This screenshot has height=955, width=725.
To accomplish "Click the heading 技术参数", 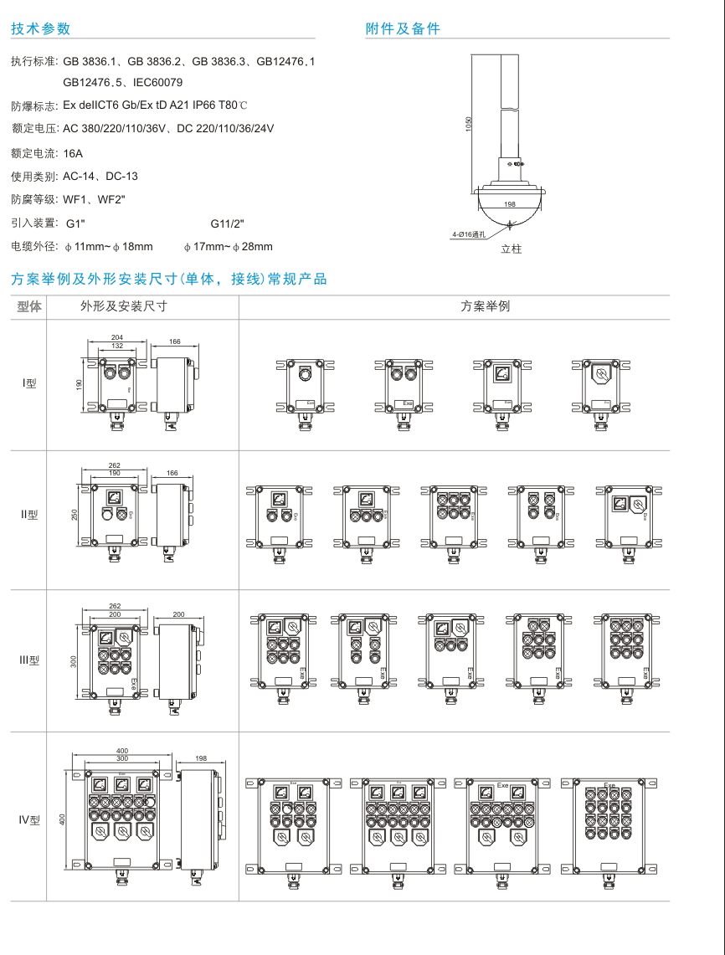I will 40,28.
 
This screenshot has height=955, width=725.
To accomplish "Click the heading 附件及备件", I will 403,28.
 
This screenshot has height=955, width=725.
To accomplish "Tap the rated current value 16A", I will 73,153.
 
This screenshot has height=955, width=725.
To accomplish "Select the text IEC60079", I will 158,82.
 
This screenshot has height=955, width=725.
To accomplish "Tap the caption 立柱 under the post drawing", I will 511,249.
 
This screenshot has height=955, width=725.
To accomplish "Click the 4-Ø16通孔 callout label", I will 468,235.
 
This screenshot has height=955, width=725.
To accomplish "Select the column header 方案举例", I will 485,306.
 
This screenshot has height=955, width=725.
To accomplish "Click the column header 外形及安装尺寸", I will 123,306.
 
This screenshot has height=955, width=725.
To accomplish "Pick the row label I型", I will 29,384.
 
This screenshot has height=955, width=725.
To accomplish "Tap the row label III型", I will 29,660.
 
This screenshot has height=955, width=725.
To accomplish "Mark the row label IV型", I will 29,819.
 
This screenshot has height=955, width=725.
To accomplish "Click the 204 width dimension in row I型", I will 117,337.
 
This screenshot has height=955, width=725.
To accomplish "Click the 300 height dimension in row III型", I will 74,661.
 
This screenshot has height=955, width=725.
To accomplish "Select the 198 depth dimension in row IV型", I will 201,758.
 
